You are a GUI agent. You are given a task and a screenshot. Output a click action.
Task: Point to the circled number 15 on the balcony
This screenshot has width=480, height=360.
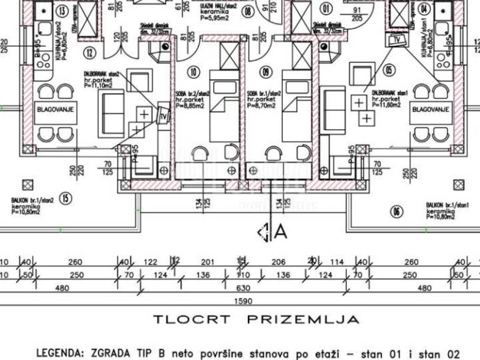click(x=66, y=199)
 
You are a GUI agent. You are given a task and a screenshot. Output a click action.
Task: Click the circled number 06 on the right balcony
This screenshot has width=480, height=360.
click(x=397, y=212)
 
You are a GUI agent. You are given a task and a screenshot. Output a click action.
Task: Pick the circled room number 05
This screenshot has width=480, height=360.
click(x=388, y=71)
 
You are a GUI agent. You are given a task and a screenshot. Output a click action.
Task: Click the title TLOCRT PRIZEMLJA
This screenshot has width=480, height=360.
click(x=257, y=320)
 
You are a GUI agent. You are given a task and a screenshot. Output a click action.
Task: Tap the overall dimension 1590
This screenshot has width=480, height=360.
click(x=244, y=301)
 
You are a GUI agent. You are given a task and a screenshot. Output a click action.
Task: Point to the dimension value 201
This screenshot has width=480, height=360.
click(x=207, y=262)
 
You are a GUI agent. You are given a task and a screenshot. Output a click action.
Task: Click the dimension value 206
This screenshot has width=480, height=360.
click(x=278, y=262)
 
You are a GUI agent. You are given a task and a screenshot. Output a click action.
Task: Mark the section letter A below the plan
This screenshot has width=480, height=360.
click(x=280, y=232)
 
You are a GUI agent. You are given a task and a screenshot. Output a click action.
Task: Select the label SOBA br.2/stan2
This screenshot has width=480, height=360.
click(x=189, y=94)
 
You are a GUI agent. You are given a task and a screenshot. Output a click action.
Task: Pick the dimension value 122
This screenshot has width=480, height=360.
click(x=150, y=262)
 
